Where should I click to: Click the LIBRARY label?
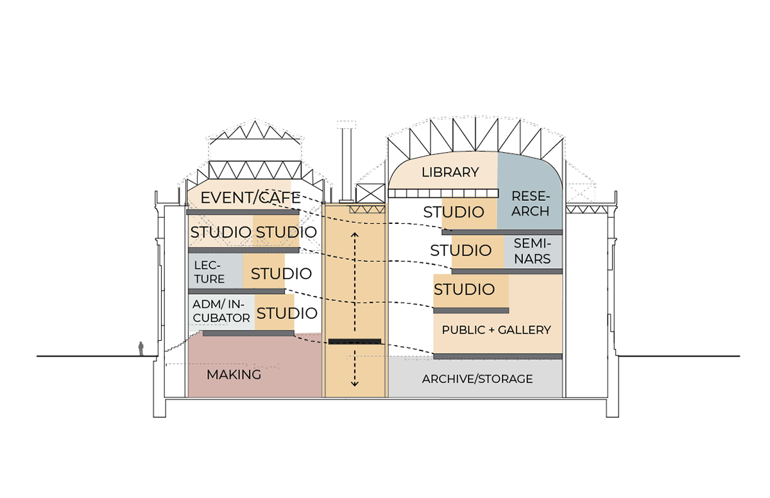450,172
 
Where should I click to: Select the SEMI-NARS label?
532,252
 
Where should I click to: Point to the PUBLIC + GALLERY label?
496,330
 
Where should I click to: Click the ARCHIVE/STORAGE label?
477,379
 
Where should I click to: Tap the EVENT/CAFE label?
250,198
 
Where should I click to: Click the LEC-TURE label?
209,272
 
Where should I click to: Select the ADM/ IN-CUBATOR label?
221,311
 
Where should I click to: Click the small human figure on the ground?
141,348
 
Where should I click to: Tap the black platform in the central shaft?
354,341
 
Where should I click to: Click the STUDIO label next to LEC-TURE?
281,274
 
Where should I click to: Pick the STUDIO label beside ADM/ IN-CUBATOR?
287,313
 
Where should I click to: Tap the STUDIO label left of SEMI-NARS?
461,250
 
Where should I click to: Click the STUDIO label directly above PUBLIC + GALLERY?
464,289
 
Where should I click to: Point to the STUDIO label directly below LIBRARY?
454,212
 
